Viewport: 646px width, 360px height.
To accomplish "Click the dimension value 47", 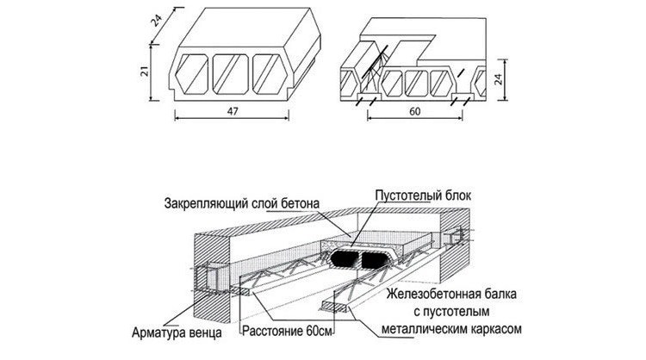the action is [233, 111].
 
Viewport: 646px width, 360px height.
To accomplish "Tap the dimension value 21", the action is [145, 71].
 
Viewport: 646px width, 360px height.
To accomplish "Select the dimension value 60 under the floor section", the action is [415, 111].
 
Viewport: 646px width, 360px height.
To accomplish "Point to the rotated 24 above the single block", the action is [157, 21].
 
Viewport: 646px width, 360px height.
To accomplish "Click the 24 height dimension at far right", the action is [499, 79].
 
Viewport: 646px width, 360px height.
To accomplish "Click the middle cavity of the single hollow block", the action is [230, 74].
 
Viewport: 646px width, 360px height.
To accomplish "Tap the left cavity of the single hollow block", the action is [191, 74].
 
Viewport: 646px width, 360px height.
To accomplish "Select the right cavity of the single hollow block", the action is [270, 74].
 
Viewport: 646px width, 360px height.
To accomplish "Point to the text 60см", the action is [320, 332].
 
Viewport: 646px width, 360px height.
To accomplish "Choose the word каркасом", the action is [497, 329].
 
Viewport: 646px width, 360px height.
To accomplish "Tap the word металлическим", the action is [425, 329].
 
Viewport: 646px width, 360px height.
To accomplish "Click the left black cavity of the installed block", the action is [343, 258].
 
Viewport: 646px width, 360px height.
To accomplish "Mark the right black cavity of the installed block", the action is [374, 259].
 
